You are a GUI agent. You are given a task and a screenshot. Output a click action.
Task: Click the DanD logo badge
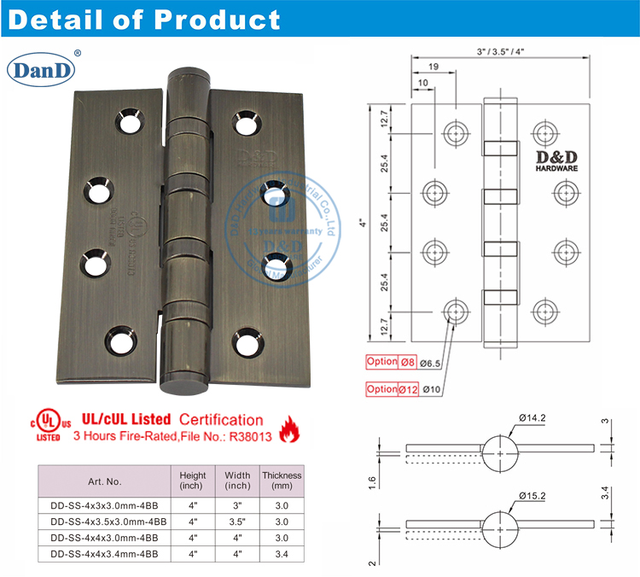pyautogui.click(x=44, y=70)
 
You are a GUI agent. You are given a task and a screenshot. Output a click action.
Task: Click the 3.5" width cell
pyautogui.click(x=237, y=521)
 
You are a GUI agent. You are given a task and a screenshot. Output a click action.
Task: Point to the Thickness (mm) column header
pyautogui.click(x=282, y=481)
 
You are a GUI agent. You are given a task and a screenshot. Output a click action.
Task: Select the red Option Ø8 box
pyautogui.click(x=393, y=361)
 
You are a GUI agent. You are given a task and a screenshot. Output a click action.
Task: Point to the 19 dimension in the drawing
pyautogui.click(x=434, y=65)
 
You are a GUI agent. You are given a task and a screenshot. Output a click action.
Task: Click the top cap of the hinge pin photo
pyautogui.click(x=189, y=77)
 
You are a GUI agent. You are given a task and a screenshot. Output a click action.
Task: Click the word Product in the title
pyautogui.click(x=212, y=20)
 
